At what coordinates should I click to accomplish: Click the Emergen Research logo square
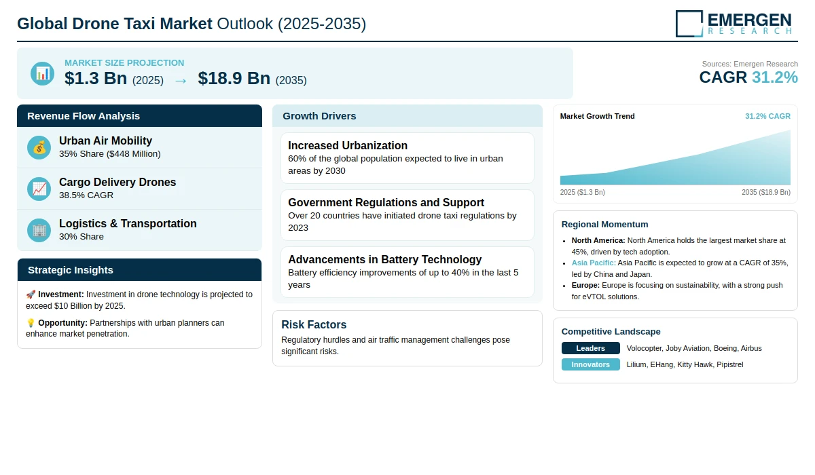click(x=689, y=24)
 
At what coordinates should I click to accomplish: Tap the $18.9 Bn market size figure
click(x=234, y=78)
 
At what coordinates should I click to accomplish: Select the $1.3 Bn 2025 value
click(x=96, y=78)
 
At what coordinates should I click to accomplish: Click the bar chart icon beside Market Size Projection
click(x=43, y=73)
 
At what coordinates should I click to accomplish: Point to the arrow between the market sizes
click(x=181, y=81)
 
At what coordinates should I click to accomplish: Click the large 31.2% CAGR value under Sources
click(x=775, y=77)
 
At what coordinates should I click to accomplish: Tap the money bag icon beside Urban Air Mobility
click(x=39, y=147)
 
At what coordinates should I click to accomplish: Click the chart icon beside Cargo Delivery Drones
click(x=39, y=189)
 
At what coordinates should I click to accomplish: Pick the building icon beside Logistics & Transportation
click(x=39, y=231)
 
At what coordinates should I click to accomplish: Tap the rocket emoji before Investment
click(x=31, y=294)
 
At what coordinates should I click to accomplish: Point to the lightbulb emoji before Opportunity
click(x=31, y=323)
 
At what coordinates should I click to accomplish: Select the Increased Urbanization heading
click(x=348, y=145)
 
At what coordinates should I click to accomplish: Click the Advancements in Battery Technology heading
click(x=384, y=259)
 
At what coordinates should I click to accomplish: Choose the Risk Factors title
click(x=314, y=324)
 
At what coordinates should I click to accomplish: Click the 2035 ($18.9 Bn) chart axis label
click(x=766, y=192)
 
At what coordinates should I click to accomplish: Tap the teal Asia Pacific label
click(x=594, y=263)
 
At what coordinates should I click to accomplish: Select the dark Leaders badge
click(x=590, y=348)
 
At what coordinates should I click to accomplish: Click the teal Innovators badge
click(x=590, y=364)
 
